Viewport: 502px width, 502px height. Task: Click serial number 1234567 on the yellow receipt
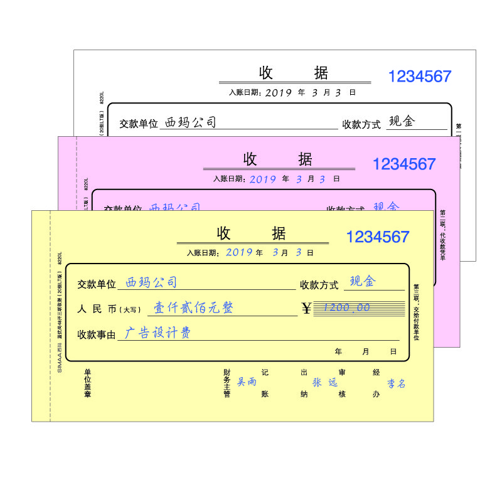coord(377,237)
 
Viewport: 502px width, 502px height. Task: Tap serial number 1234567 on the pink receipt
coord(403,164)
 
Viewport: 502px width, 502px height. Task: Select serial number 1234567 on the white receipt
coord(419,77)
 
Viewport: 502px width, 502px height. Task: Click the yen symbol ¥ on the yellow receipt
coord(306,308)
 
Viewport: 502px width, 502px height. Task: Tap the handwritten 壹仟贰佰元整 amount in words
coord(193,308)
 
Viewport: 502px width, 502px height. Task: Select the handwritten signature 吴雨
coord(247,382)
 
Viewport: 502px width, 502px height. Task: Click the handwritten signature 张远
coord(325,382)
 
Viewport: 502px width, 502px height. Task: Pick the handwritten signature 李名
coord(396,383)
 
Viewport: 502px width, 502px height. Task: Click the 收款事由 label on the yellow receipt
coord(97,335)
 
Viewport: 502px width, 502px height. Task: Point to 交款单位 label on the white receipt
coord(139,124)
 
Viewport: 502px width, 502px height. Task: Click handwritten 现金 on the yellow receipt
coord(362,282)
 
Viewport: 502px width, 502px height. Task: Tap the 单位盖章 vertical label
coord(88,383)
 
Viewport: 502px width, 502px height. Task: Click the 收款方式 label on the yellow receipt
coord(319,285)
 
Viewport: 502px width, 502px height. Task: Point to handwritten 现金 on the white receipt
coord(402,121)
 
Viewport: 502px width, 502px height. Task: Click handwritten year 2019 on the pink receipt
coord(263,179)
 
